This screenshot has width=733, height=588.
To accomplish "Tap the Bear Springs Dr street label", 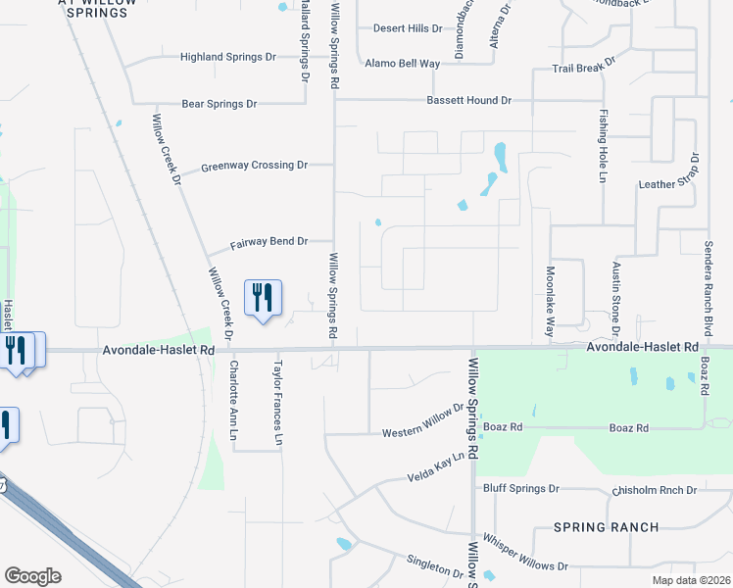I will [x=219, y=103].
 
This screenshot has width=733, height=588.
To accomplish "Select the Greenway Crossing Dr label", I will [x=254, y=167].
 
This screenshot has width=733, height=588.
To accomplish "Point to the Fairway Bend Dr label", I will [x=269, y=242].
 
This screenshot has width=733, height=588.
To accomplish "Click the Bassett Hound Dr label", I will [x=468, y=101].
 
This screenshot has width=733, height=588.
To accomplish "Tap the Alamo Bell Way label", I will [x=402, y=64].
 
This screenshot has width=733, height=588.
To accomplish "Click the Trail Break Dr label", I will [x=584, y=67].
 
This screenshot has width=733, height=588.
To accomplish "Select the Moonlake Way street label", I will [x=551, y=301].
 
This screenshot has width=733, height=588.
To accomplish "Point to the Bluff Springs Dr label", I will [x=520, y=488].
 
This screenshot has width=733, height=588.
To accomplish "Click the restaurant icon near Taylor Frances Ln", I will [x=263, y=297].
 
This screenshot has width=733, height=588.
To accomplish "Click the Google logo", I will [x=32, y=576].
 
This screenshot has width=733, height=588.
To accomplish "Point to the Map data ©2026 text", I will [x=690, y=580].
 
